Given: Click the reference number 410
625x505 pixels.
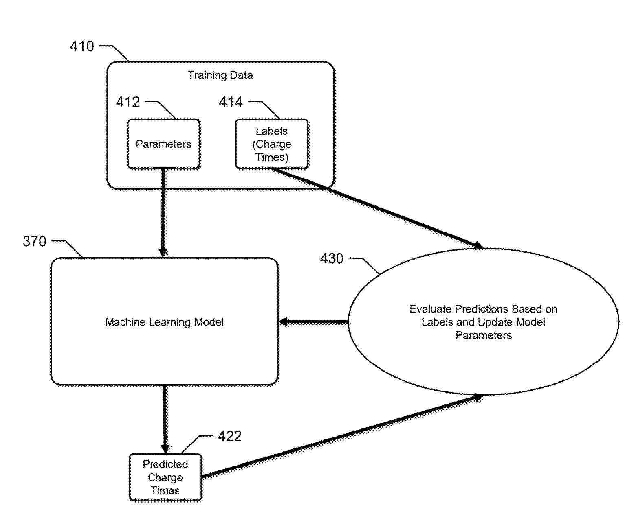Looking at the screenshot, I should (82, 46).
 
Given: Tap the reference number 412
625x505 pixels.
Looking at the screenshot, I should (128, 102).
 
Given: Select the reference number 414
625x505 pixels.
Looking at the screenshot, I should (231, 102).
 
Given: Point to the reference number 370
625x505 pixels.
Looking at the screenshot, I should (35, 241).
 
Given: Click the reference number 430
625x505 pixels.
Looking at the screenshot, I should (332, 258).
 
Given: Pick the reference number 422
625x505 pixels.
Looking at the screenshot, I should (230, 436).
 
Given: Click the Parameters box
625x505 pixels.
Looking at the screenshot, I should (164, 144).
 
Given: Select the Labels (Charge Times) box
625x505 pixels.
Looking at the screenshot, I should (272, 144).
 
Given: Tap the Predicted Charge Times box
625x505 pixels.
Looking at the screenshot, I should (165, 477).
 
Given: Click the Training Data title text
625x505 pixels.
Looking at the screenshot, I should (220, 75).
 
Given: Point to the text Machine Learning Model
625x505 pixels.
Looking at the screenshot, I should (164, 322).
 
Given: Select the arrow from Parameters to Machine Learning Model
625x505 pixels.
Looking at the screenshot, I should (163, 212).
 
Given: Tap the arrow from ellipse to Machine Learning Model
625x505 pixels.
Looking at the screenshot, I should (314, 322).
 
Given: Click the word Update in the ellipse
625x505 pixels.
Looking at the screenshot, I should (495, 322).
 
